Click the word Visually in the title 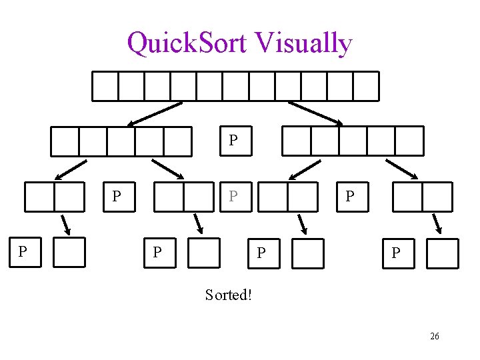[303, 44]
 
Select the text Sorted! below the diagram [229, 295]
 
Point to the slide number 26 [434, 337]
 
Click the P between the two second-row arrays [233, 140]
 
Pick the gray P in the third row [233, 197]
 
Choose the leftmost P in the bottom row [23, 252]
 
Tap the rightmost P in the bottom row [396, 253]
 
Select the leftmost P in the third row [117, 197]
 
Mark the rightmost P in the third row [349, 197]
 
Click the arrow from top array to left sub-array [155, 113]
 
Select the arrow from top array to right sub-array [315, 113]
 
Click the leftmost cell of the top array [105, 86]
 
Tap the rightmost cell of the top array [366, 86]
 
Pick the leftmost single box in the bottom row [69, 252]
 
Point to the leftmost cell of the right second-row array [296, 141]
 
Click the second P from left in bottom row [157, 253]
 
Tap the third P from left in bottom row [261, 253]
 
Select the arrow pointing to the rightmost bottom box [438, 224]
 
